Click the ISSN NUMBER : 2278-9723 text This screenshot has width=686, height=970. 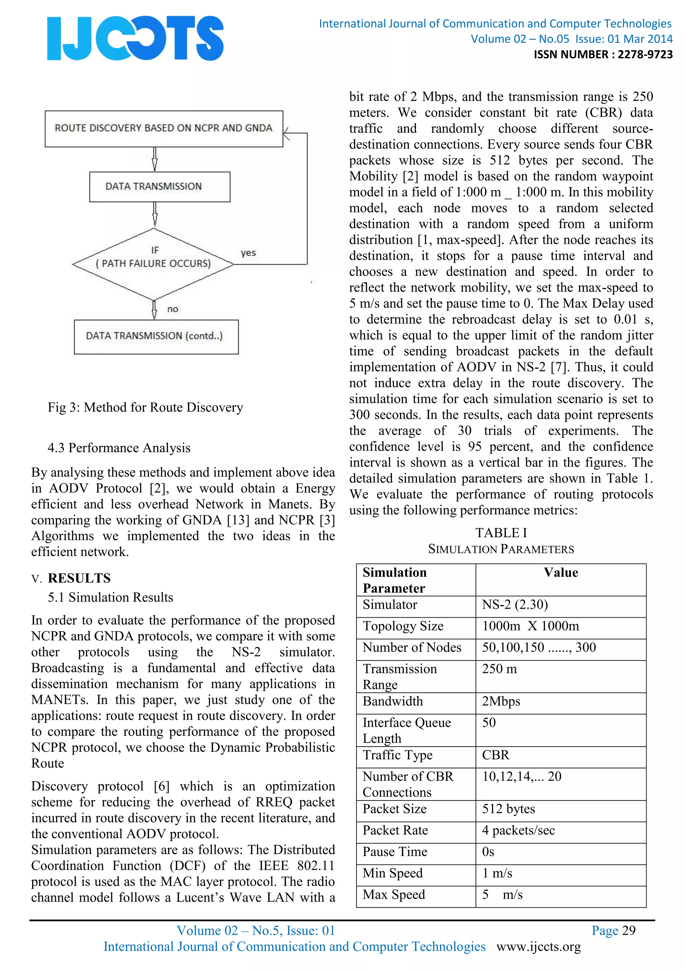tap(603, 55)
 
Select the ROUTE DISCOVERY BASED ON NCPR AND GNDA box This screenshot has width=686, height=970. tap(164, 128)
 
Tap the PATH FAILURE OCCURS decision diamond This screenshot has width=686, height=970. tap(153, 264)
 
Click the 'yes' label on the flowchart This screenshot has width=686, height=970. tap(249, 253)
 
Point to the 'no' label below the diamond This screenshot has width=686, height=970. tap(173, 309)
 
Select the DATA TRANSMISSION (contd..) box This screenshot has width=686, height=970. tap(156, 336)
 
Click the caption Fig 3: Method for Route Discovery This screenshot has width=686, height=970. tap(145, 407)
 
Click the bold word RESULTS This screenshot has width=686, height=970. tap(79, 578)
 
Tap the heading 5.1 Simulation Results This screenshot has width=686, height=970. tap(110, 598)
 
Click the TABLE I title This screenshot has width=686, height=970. tap(501, 533)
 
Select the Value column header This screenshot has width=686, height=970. tap(560, 572)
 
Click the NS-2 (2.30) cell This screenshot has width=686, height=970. tap(515, 605)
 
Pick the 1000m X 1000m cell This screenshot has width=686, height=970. tap(531, 626)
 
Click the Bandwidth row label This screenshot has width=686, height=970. tap(393, 701)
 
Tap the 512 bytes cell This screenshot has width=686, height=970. tap(508, 809)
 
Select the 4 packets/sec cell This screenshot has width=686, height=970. tap(518, 830)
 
